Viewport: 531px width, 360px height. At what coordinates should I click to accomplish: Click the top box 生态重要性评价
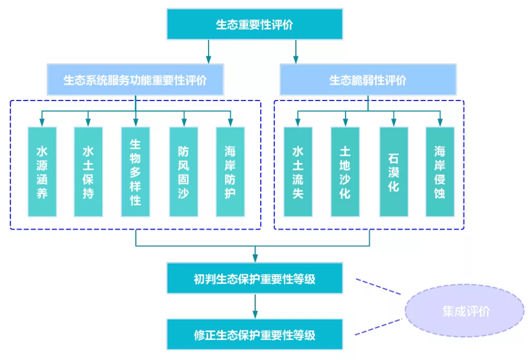[x=254, y=24]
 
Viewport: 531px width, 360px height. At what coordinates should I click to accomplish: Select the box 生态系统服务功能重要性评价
[x=135, y=80]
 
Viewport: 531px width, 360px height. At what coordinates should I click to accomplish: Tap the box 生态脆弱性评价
[x=368, y=80]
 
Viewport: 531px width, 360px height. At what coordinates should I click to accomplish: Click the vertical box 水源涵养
[x=42, y=172]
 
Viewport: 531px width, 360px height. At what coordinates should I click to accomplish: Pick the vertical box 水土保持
[x=88, y=172]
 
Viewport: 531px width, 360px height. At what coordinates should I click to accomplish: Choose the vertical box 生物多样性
[x=135, y=172]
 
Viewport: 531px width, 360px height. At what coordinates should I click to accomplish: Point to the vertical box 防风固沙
[x=183, y=172]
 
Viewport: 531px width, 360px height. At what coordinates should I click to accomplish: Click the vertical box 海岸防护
[x=230, y=172]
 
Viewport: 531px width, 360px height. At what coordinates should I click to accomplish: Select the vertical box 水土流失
[x=298, y=172]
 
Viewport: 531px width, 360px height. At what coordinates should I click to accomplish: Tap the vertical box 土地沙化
[x=345, y=172]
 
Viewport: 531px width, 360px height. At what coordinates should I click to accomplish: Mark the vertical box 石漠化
[x=394, y=172]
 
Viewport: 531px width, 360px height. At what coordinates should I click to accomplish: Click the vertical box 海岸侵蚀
[x=440, y=172]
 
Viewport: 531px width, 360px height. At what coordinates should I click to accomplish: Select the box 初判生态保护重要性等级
[x=254, y=278]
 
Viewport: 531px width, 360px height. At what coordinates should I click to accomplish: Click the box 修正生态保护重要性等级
[x=254, y=334]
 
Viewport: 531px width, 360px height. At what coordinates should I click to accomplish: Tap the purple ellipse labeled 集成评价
[x=465, y=311]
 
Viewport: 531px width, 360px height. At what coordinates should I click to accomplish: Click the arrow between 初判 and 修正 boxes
[x=255, y=306]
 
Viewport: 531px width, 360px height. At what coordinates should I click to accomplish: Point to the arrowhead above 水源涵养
[x=42, y=123]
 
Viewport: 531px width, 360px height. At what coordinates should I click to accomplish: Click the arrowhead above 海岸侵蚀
[x=440, y=123]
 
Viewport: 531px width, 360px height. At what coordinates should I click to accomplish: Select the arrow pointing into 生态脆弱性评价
[x=296, y=52]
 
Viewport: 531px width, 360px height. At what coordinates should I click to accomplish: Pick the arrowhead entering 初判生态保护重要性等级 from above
[x=255, y=258]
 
